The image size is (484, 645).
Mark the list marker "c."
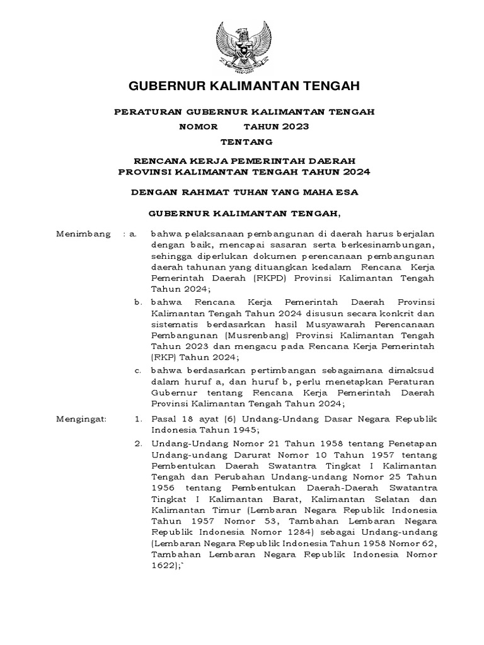(139, 369)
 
